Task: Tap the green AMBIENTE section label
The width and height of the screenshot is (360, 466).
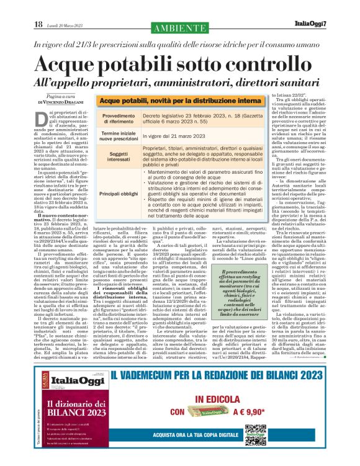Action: pyautogui.click(x=179, y=27)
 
